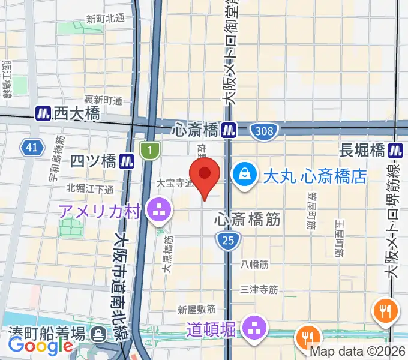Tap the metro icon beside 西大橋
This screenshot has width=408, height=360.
(x=43, y=113)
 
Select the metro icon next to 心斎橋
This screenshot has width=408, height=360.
(x=228, y=129)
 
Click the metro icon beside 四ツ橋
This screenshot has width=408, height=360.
(x=126, y=161)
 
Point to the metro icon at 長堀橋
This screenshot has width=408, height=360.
(x=395, y=150)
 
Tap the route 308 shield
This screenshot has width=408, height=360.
(x=263, y=130)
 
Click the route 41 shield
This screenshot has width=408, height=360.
(x=32, y=146)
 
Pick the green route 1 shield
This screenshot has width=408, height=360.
(x=148, y=150)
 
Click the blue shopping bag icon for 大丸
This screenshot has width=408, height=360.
(x=244, y=175)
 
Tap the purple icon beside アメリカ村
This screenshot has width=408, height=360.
(x=160, y=211)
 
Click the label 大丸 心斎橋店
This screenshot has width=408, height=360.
(x=315, y=176)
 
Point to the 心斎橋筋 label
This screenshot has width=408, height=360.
(x=247, y=220)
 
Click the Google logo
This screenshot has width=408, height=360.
(x=40, y=345)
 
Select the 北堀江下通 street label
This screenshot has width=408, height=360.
(x=90, y=190)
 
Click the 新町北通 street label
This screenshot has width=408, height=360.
(x=105, y=19)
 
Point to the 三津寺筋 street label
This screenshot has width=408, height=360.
(x=259, y=290)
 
